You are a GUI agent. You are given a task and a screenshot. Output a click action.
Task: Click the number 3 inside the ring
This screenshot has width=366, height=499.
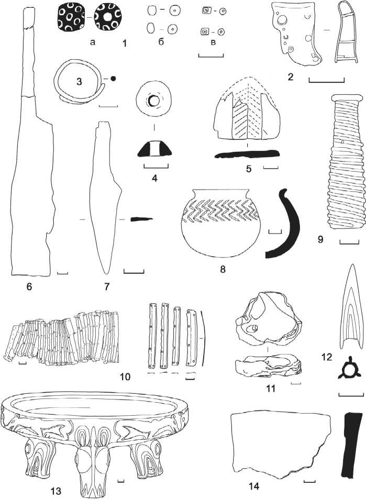[x=79, y=81]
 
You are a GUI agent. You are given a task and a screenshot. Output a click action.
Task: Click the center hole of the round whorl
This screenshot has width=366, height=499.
[x=154, y=100]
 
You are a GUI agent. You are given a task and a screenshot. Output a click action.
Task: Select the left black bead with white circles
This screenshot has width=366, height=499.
[x=71, y=17]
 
